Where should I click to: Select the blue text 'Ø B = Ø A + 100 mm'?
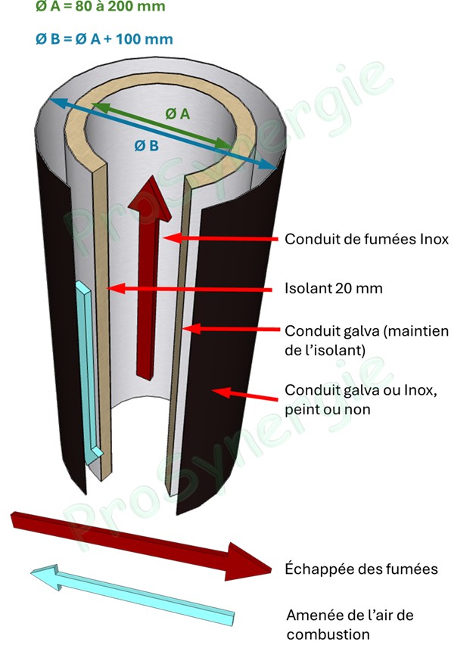[x=104, y=39]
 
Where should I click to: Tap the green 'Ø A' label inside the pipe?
[x=177, y=113]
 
